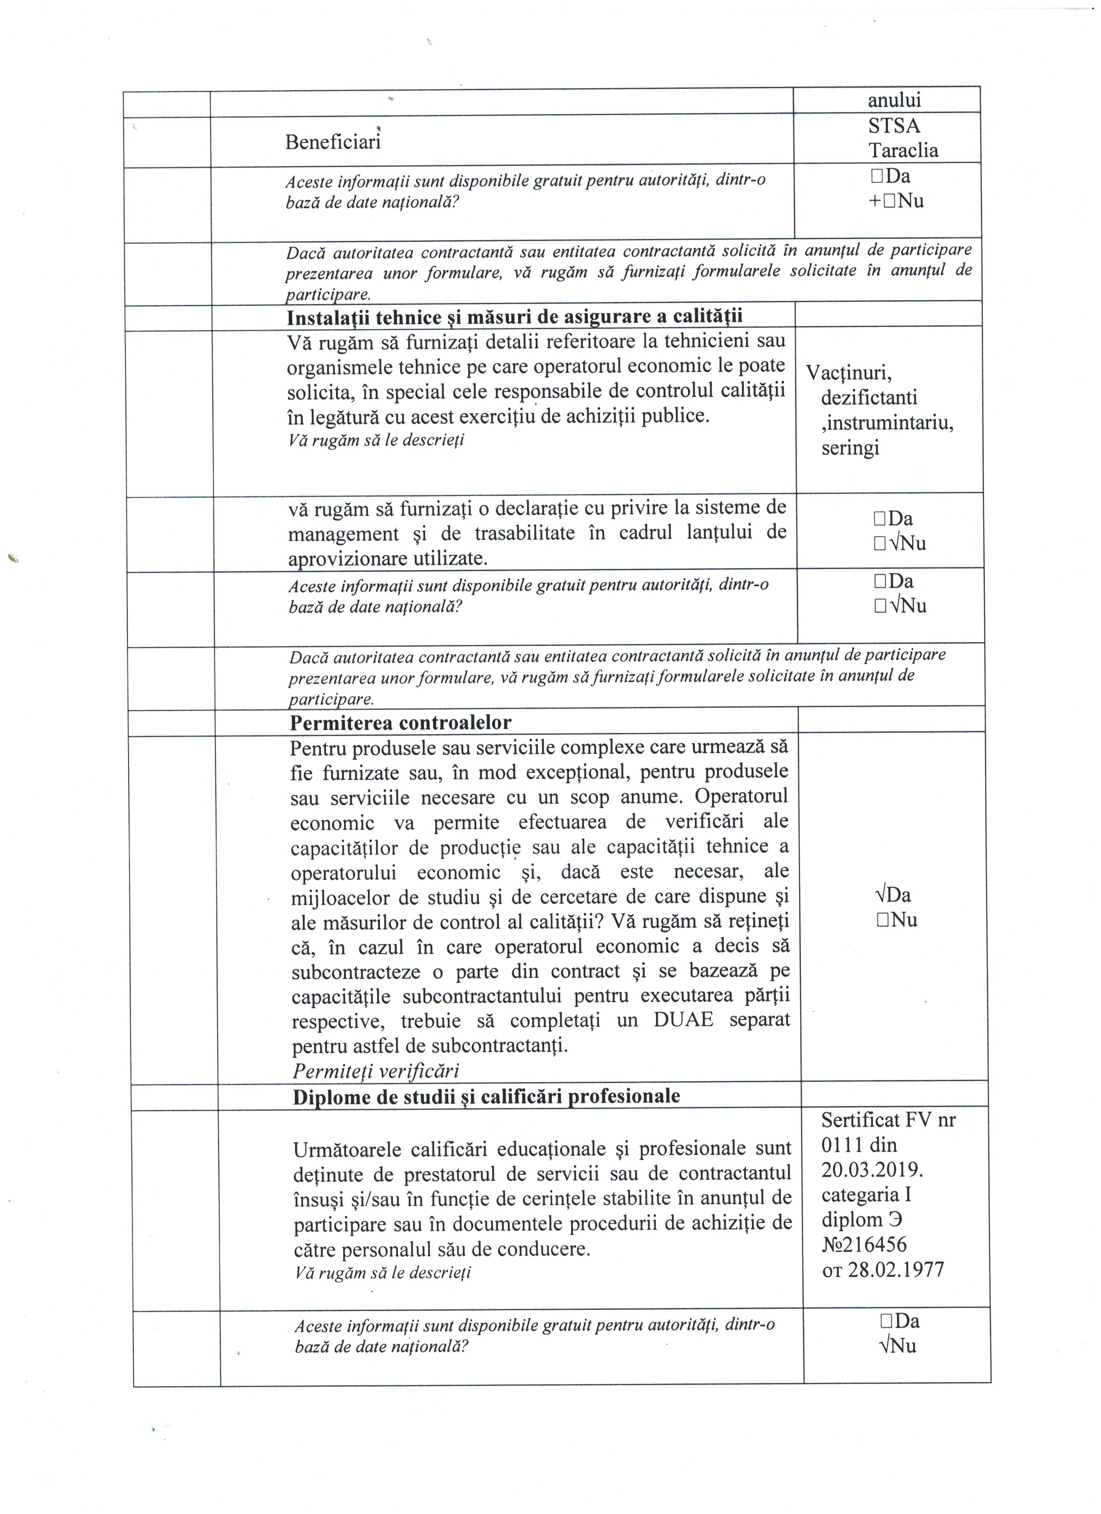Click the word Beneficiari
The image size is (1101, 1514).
332,142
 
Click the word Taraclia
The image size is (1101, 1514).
903,150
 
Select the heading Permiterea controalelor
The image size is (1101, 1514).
401,722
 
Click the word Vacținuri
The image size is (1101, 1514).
849,372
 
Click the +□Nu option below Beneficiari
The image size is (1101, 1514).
896,201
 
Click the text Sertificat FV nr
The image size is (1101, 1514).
888,1120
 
